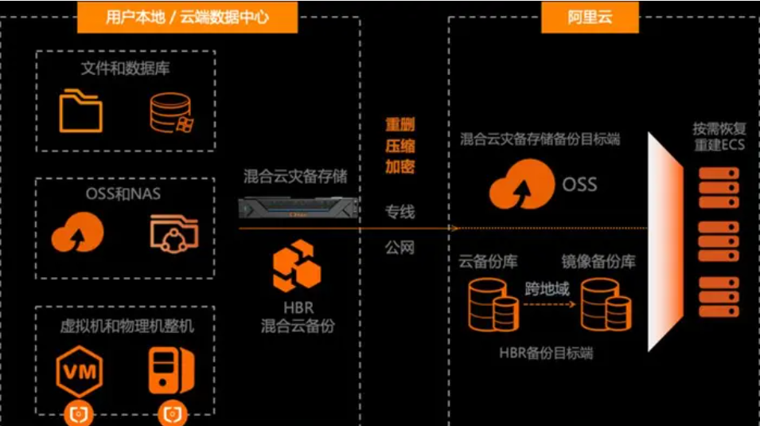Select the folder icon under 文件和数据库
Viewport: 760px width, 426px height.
(x=81, y=111)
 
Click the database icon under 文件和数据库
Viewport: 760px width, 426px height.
(x=171, y=112)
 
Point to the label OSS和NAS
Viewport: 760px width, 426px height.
(x=126, y=193)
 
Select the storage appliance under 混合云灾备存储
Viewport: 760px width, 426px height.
(x=296, y=209)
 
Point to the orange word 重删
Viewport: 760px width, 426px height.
(x=399, y=125)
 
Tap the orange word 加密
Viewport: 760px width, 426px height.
(x=399, y=166)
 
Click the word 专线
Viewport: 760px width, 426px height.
(x=399, y=212)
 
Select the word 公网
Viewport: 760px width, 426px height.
(x=399, y=248)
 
